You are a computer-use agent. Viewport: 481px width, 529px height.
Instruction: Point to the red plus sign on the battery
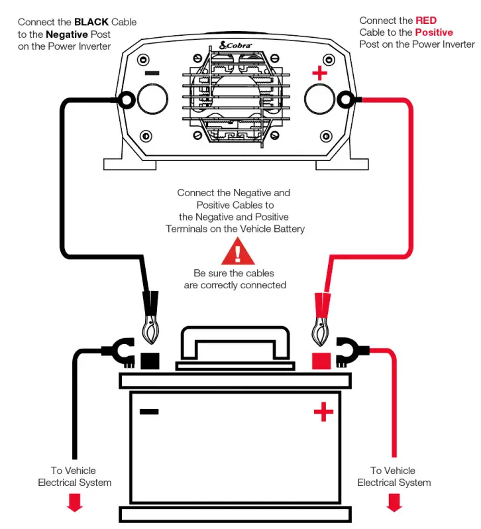tap(323, 413)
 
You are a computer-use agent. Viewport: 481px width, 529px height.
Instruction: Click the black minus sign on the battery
tap(149, 412)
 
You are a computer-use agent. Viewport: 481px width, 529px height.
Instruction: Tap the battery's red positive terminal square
tap(321, 361)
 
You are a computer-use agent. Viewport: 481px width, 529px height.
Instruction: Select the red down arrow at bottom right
tap(394, 503)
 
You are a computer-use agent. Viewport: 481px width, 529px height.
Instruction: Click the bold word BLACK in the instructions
tap(91, 22)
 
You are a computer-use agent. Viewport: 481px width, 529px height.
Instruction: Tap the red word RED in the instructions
tap(426, 21)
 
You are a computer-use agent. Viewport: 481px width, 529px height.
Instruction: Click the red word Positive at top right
tap(434, 32)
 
